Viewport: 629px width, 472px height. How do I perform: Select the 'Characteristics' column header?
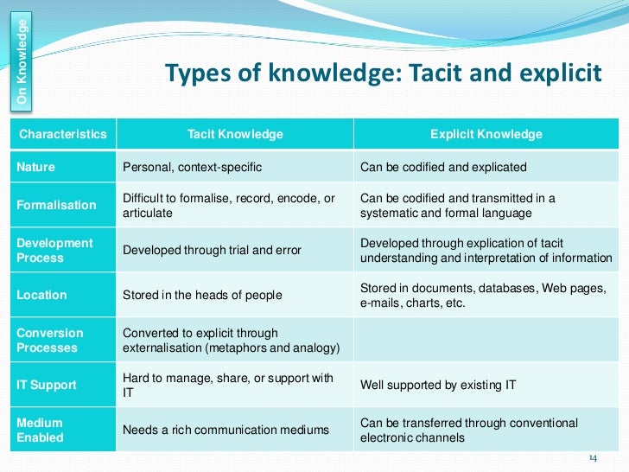pos(63,134)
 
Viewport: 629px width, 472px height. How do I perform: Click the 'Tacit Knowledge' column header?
pos(235,134)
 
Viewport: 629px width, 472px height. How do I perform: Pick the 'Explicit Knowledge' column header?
pos(486,134)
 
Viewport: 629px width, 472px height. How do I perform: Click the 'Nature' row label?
pos(35,167)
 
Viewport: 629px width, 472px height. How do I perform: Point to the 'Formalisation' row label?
pos(57,205)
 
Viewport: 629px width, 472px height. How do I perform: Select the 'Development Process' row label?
pos(54,250)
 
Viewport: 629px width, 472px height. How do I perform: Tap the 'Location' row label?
pos(41,295)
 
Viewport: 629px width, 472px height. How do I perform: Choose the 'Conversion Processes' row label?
pos(50,340)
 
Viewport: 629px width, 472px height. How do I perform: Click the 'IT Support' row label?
pos(47,385)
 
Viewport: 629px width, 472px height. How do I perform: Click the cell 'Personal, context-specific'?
pos(193,167)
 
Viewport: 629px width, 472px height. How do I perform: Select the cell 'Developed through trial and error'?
pos(213,250)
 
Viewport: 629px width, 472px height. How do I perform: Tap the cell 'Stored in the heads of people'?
pos(203,295)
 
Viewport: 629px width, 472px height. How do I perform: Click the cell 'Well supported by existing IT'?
pos(438,385)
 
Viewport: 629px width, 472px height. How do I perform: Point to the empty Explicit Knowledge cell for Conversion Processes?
pos(486,340)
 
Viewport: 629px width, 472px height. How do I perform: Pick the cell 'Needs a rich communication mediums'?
pos(226,430)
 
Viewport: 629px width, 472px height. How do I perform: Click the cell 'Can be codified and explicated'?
pos(443,167)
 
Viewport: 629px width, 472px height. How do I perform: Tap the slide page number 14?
pos(593,457)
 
